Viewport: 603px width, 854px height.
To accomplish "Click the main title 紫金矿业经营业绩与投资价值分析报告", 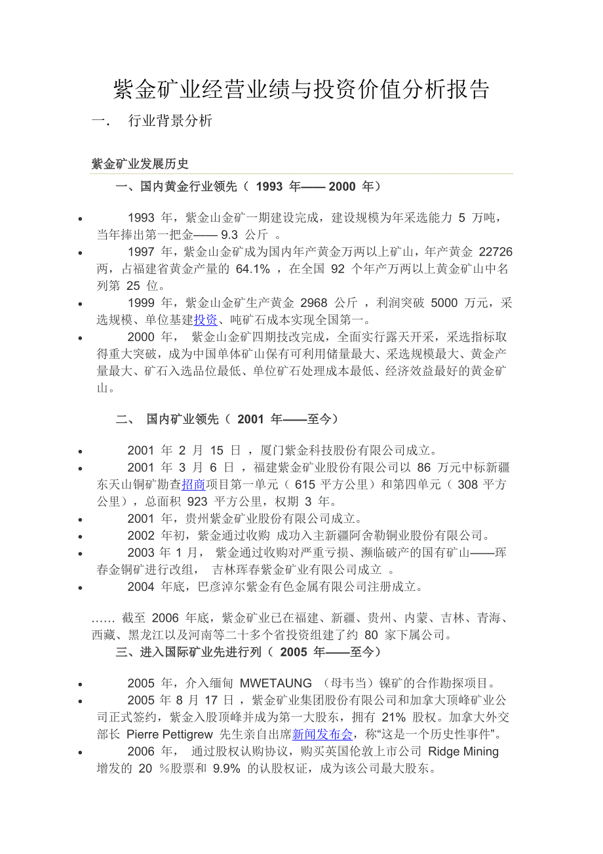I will pos(301,90).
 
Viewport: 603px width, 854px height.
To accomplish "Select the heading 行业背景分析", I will pos(170,121).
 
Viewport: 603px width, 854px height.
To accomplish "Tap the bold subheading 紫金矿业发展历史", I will pos(140,164).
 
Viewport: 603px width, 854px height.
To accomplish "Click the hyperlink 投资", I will pos(206,320).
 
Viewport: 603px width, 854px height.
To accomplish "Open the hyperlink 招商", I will pos(193,485).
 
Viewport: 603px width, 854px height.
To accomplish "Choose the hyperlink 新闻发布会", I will pos(323,734).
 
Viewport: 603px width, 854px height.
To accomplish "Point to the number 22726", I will pos(496,252).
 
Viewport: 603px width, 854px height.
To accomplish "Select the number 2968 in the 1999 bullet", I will pos(318,303).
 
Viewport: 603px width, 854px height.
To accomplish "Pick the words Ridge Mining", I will pos(463,752).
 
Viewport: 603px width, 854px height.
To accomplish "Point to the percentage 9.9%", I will pos(227,769).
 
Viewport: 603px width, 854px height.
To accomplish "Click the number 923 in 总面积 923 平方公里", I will pos(198,502).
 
